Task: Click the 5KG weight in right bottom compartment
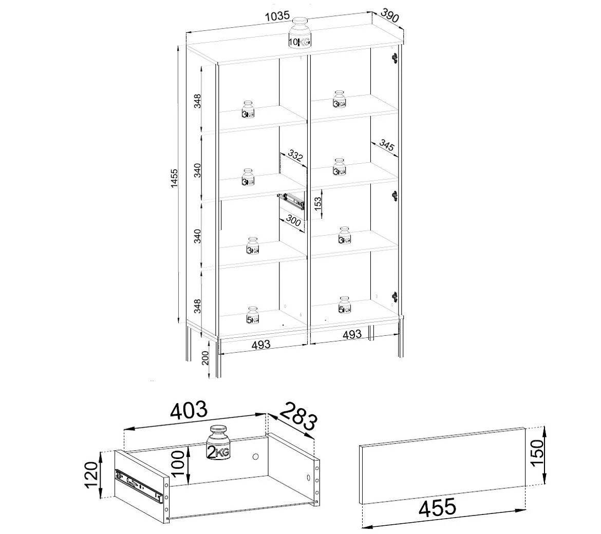click(x=344, y=304)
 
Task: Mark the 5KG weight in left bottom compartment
click(x=252, y=315)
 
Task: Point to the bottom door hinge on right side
click(x=395, y=297)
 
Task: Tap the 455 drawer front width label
click(x=437, y=507)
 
